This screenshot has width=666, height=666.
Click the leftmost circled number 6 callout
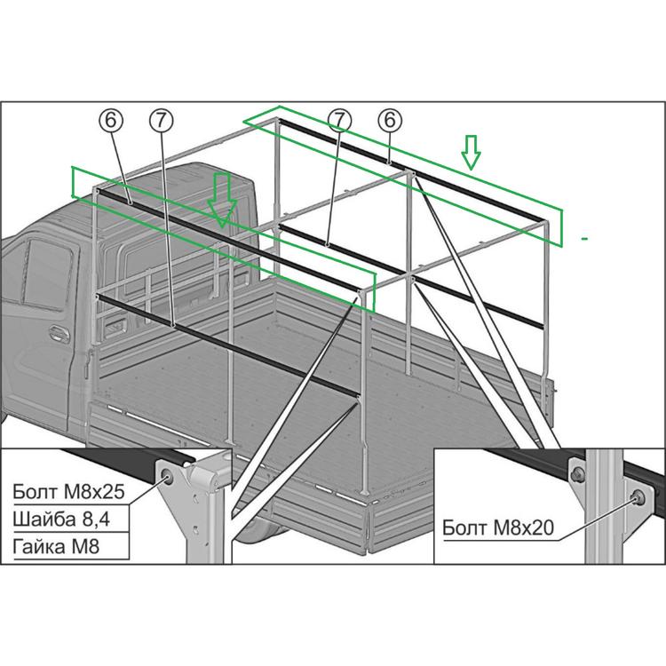[110, 120]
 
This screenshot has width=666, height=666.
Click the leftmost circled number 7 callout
[162, 120]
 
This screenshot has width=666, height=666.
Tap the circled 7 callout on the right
[339, 120]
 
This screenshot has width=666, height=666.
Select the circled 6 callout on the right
[390, 120]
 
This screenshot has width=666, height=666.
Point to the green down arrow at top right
[471, 153]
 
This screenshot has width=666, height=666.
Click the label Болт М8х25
[68, 491]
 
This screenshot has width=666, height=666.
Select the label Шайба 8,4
[61, 519]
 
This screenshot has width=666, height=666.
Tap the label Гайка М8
[56, 546]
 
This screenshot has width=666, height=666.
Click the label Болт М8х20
[498, 528]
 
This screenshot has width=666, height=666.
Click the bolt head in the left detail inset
[167, 478]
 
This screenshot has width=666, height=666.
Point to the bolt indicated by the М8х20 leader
[638, 497]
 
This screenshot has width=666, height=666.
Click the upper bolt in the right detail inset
[578, 472]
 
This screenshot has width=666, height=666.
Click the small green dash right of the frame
[585, 239]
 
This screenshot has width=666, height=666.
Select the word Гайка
[38, 546]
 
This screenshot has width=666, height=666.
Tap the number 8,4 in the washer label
[95, 519]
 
